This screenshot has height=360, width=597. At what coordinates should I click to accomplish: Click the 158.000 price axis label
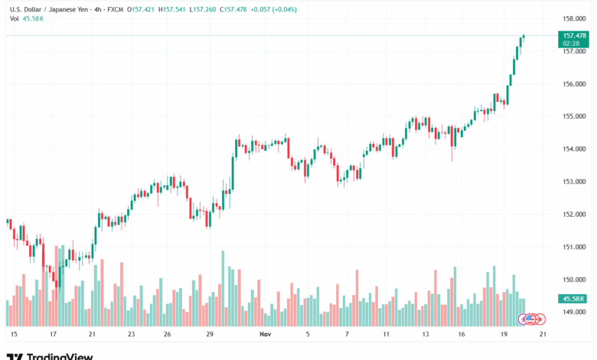point(574,18)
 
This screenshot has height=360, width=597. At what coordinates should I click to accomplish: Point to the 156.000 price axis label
point(574,84)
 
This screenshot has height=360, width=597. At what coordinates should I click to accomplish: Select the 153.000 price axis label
point(574,182)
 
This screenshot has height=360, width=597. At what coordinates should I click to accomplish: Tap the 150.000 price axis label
point(574,280)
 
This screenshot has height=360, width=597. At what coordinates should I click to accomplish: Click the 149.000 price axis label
point(574,312)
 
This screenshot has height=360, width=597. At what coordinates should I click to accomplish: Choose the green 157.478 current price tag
point(574,35)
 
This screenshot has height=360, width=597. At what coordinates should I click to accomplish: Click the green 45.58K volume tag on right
point(574,299)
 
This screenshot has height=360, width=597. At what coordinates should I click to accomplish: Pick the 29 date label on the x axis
point(209,335)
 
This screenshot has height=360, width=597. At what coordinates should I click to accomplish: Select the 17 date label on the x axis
point(53,335)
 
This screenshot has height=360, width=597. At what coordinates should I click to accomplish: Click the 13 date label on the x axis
point(425,335)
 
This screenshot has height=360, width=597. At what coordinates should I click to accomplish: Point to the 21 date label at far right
point(542,335)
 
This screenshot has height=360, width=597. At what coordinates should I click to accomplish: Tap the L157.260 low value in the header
point(202,10)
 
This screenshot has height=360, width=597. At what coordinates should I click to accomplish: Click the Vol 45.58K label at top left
point(26,18)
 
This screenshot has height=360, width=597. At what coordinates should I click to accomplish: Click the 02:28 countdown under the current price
point(570,44)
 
